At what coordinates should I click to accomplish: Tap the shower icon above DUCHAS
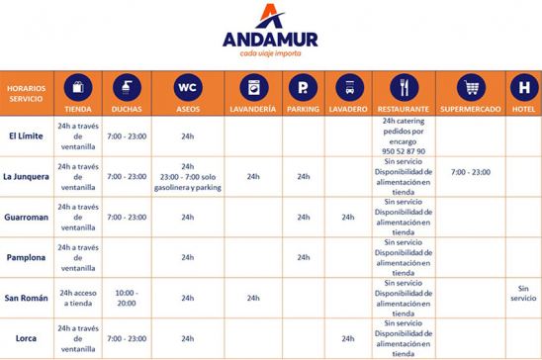pos(128,87)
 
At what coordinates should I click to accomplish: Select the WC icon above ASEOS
pos(188,87)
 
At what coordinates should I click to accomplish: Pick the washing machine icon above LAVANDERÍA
pos(252,87)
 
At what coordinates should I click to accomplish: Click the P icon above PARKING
pos(303,87)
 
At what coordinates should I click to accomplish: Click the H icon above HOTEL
pos(524,87)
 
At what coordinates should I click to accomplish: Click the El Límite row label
pos(26,135)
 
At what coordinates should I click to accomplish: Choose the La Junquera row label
pos(26,176)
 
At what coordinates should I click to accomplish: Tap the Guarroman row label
pos(26,217)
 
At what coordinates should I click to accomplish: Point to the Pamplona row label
pos(26,257)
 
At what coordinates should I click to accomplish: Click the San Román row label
pos(26,298)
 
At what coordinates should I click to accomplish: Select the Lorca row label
pos(26,338)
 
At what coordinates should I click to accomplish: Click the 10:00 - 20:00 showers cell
pos(127,298)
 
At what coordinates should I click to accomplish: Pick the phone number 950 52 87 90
pos(403,150)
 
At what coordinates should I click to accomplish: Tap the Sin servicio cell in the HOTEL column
pos(524,293)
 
